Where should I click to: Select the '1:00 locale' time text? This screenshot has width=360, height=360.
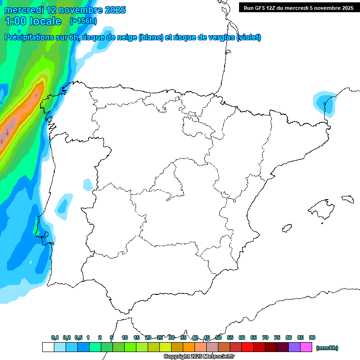pos(33,21)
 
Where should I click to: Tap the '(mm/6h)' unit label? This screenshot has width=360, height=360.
pos(327,348)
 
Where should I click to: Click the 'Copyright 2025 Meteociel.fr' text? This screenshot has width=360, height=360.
pos(199,357)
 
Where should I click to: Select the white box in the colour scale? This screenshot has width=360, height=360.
pos(48,347)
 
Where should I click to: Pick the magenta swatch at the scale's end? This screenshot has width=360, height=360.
pos(306,347)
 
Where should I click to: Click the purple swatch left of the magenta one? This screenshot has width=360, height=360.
pos(294,347)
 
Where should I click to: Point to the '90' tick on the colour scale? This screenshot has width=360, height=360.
pos(312,337)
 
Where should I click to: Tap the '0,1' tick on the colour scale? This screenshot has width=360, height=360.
pos(55,337)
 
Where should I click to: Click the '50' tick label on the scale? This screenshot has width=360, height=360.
pos(218,337)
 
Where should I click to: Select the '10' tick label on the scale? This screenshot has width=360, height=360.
pos(125,337)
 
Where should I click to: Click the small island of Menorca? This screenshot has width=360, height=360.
pos(347,199)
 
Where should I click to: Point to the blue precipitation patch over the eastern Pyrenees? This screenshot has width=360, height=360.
pos(324,103)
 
